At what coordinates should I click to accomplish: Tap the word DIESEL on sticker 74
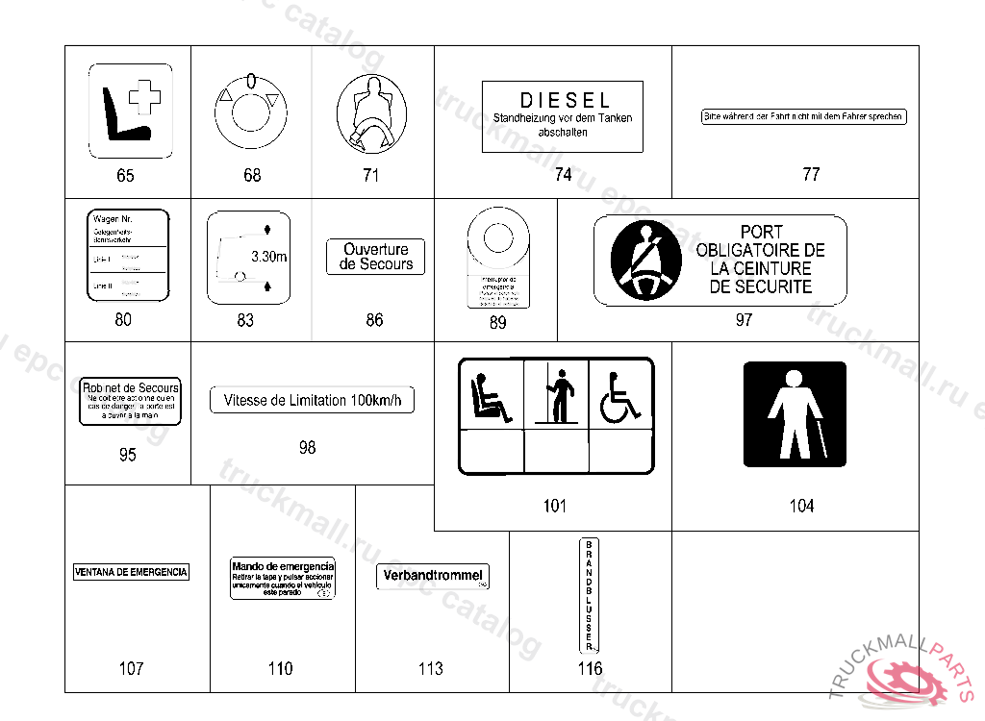coord(565,100)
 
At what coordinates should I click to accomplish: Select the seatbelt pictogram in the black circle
coord(641,260)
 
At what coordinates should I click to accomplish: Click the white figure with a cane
coord(794,413)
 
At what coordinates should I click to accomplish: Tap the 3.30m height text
coord(268,257)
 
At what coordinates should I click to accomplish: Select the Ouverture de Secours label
coord(376,257)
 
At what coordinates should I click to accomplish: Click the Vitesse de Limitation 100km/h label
coord(312,400)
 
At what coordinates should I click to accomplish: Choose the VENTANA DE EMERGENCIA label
coord(131,572)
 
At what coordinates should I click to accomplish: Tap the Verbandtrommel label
coord(432,576)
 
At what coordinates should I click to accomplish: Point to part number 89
coord(497,323)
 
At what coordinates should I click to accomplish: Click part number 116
coord(590,668)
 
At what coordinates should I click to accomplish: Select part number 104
coord(801,506)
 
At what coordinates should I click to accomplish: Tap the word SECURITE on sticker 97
coord(760,286)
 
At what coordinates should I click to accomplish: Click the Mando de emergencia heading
coord(283,566)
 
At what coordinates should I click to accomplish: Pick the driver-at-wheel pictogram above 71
coord(371,113)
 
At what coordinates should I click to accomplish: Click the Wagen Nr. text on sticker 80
coord(113,219)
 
